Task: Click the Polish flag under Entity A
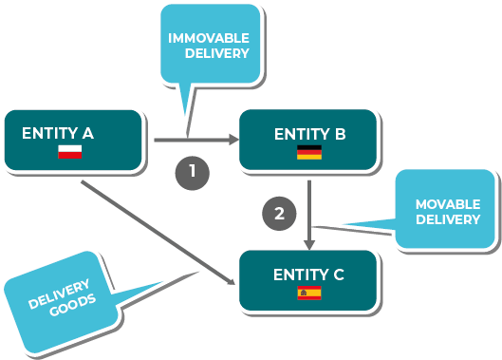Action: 70,152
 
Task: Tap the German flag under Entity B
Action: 309,152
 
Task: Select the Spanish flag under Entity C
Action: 309,293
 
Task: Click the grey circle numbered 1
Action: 193,173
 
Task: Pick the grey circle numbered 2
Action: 279,214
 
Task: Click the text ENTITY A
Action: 58,133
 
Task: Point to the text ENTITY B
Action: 310,134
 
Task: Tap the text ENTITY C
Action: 308,275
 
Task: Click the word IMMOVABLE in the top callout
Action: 209,38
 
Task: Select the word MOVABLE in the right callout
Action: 448,204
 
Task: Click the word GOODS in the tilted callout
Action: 73,305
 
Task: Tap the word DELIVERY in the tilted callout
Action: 59,294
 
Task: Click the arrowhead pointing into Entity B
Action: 234,140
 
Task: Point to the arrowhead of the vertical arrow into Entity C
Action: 309,245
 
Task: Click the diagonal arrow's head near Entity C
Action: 232,281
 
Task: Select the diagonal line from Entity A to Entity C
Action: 158,233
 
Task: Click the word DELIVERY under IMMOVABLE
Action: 217,53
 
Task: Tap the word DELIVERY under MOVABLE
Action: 448,219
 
